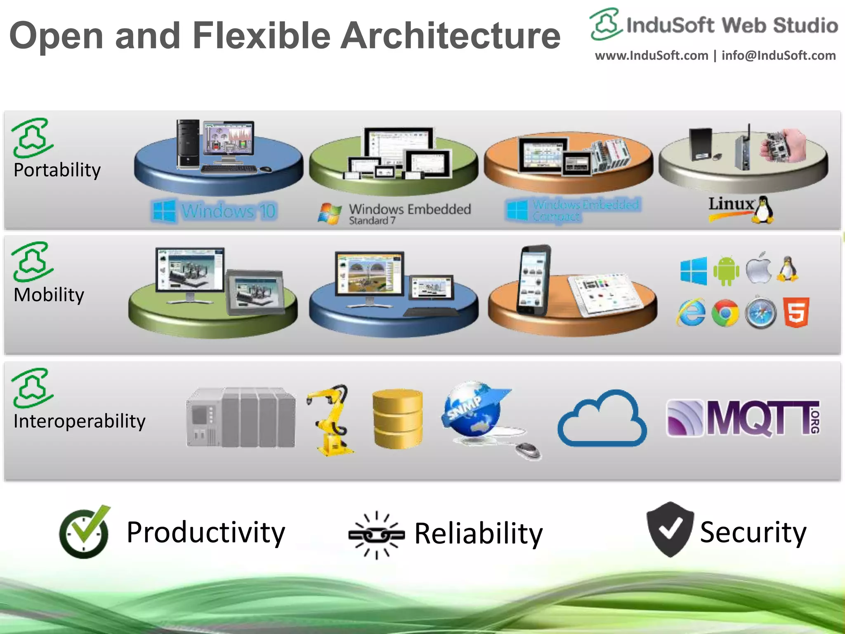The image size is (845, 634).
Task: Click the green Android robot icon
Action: coord(726,271)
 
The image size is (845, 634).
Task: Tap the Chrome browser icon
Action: coord(725,313)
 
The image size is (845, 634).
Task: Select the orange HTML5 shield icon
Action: coord(796,312)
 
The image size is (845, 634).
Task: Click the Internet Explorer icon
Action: coord(691,312)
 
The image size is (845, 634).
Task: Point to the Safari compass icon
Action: coord(760,312)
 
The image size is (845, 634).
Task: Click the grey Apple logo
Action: coord(759,268)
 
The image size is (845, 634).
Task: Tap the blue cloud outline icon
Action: coord(602,419)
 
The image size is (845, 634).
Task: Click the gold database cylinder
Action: coord(397,419)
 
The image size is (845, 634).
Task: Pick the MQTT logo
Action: coord(743,418)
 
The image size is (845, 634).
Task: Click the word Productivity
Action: coord(205,532)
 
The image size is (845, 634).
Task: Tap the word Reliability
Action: coord(478,534)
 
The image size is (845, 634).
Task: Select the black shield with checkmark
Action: coord(670,529)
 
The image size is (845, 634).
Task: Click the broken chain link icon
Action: coord(376,535)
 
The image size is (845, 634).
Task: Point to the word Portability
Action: coord(57,170)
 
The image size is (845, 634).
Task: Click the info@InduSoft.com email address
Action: coord(779,56)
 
